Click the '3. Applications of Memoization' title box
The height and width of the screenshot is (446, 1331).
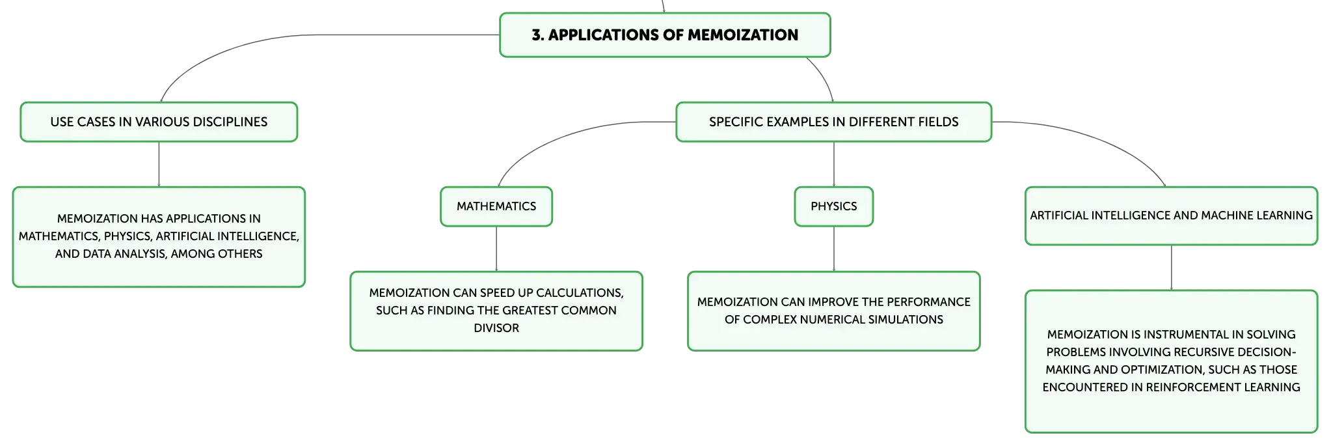click(665, 35)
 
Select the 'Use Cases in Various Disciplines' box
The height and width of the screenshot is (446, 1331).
click(159, 122)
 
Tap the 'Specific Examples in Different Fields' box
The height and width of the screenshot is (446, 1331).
click(834, 122)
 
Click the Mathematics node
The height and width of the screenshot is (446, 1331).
click(496, 206)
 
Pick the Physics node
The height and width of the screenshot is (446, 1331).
click(834, 206)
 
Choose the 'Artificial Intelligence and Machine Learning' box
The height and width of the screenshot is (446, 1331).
click(1172, 216)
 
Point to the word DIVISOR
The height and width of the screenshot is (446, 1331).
click(496, 328)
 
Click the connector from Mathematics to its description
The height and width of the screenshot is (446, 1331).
click(496, 249)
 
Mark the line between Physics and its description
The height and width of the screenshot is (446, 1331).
click(834, 249)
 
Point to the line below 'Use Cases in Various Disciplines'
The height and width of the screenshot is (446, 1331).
click(159, 164)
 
